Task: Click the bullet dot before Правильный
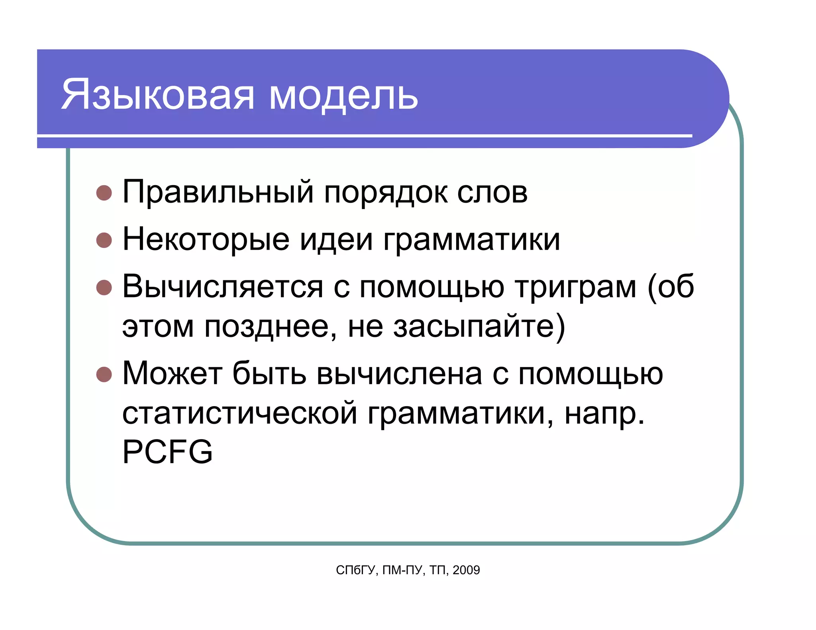(x=104, y=193)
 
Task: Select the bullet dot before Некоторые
(x=104, y=240)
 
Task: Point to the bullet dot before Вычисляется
(x=104, y=288)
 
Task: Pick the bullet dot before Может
(x=104, y=374)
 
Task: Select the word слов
(x=492, y=194)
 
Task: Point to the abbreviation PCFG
(x=167, y=452)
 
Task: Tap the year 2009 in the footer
(x=466, y=570)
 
